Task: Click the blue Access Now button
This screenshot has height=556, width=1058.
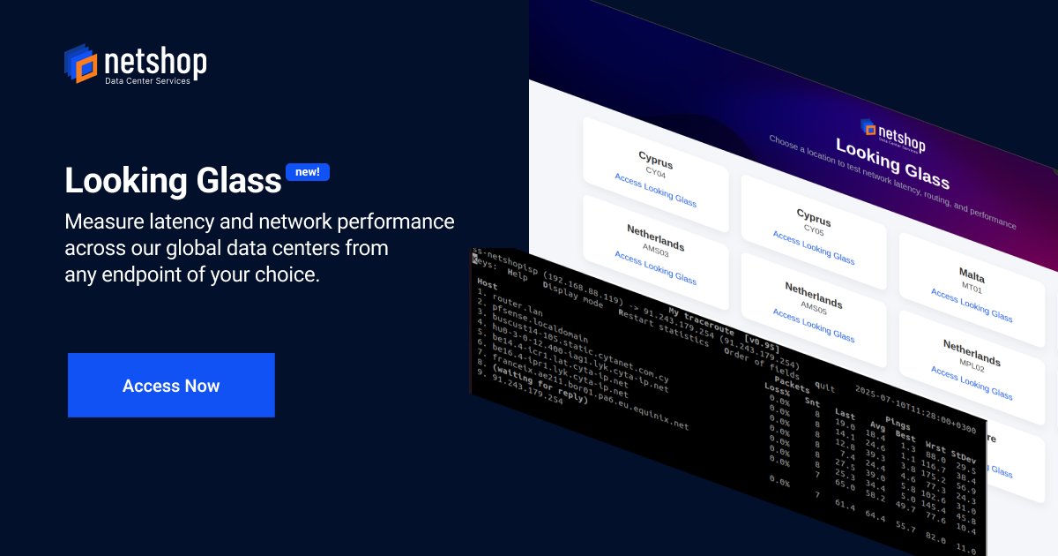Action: (x=171, y=386)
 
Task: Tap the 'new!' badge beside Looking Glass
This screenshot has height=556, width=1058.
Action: (x=307, y=172)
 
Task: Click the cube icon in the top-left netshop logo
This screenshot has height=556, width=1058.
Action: (x=80, y=64)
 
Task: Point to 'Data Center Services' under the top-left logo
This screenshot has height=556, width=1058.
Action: (x=147, y=81)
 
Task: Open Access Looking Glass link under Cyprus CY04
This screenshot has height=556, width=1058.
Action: (x=655, y=189)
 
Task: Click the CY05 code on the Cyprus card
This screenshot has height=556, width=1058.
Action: (x=813, y=228)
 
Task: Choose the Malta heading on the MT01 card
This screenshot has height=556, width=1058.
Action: (x=972, y=276)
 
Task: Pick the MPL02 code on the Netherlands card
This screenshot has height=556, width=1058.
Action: (x=971, y=362)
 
